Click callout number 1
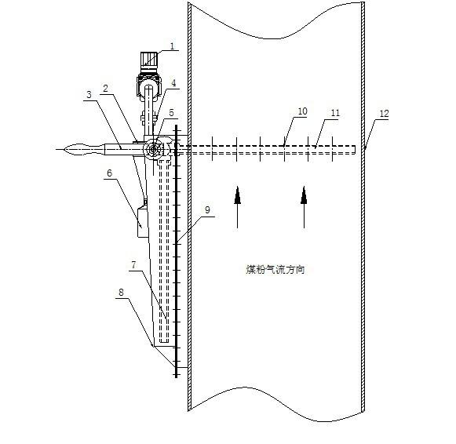[x=172, y=46]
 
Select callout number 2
[x=106, y=89]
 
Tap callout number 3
[x=89, y=94]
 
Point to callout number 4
[x=173, y=83]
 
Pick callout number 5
[x=171, y=113]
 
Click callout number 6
[x=109, y=173]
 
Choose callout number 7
[x=133, y=264]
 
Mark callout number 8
[x=121, y=293]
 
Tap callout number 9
[x=207, y=209]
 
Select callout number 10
[x=302, y=111]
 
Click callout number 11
[x=335, y=113]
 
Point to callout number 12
[x=384, y=113]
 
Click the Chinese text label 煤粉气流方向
[x=275, y=269]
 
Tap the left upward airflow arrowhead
[x=238, y=195]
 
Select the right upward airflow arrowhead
[x=304, y=195]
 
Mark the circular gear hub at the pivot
[x=153, y=149]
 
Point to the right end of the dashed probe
[x=355, y=149]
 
